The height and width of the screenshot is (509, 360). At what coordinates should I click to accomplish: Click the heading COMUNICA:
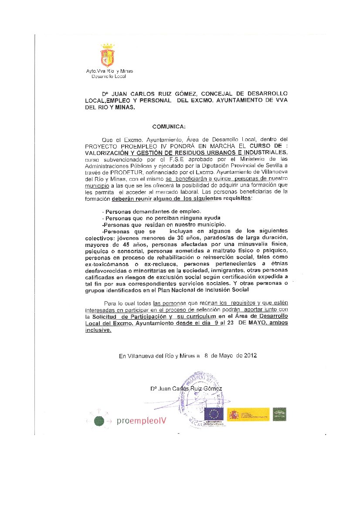click(x=169, y=127)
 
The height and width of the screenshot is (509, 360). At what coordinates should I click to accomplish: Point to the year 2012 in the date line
click(x=250, y=355)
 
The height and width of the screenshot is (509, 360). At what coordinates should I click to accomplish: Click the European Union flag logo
click(x=214, y=414)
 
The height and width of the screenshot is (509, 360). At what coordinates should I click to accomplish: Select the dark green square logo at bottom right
click(x=279, y=414)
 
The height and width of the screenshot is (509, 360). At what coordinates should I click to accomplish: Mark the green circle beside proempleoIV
click(x=99, y=421)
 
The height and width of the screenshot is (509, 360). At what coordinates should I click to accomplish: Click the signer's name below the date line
click(x=186, y=388)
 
